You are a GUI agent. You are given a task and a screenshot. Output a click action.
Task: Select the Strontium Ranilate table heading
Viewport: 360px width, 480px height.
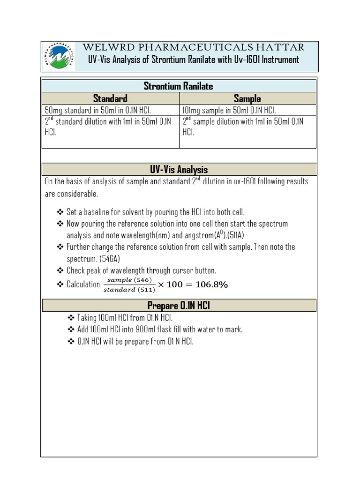(179, 86)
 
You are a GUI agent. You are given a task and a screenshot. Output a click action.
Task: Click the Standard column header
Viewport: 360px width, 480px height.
(110, 98)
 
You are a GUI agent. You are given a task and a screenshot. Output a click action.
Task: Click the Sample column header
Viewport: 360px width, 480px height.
(247, 98)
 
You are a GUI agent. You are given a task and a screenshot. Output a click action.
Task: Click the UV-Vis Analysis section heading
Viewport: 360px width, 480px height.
(179, 169)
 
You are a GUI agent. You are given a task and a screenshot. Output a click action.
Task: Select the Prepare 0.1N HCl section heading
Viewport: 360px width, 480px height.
(179, 306)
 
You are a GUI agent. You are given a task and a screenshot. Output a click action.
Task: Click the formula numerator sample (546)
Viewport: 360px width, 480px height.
(129, 280)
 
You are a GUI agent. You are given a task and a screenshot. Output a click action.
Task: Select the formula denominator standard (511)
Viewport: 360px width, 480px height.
(129, 289)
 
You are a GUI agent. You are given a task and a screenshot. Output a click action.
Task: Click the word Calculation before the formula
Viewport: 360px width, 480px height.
(84, 285)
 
